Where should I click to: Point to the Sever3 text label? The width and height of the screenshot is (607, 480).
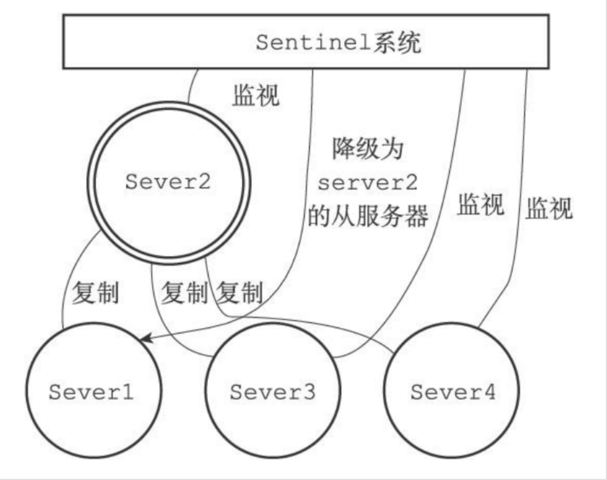click(x=272, y=392)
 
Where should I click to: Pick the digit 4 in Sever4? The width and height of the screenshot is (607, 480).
click(x=489, y=392)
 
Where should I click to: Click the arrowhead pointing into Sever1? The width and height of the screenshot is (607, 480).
click(x=144, y=338)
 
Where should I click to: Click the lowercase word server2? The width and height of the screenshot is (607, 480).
click(x=368, y=182)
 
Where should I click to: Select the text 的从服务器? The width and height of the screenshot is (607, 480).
click(x=368, y=216)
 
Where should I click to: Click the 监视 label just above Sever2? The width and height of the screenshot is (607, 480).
click(x=256, y=95)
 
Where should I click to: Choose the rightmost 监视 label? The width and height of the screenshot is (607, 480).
click(x=549, y=208)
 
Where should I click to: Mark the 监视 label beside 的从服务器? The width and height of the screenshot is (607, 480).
click(x=480, y=205)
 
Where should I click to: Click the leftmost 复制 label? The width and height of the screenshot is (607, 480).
click(x=95, y=292)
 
